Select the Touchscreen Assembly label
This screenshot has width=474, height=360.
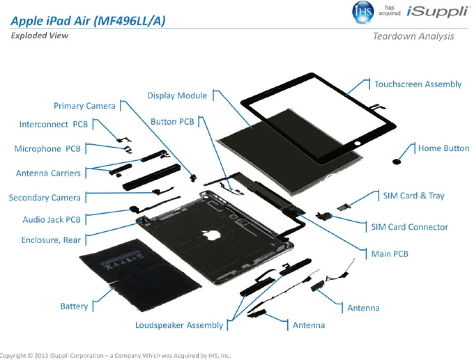(x=418, y=84)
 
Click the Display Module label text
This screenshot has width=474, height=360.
(x=177, y=96)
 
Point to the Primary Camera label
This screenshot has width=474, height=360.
(x=85, y=106)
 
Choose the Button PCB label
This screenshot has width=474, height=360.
(x=172, y=122)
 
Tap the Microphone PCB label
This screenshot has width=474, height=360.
(x=47, y=149)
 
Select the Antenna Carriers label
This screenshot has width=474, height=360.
(x=48, y=173)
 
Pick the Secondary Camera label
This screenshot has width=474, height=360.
(x=45, y=197)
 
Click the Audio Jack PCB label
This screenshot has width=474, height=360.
(x=51, y=219)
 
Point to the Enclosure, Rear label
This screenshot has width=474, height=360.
(x=51, y=240)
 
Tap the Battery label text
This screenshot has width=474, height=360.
(x=74, y=306)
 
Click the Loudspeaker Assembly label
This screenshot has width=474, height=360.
(x=179, y=325)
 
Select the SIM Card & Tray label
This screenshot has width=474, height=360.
(x=413, y=195)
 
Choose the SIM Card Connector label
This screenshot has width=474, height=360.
(x=410, y=227)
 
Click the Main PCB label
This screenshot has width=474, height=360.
(x=389, y=253)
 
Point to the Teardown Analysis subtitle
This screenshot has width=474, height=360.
(x=413, y=36)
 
